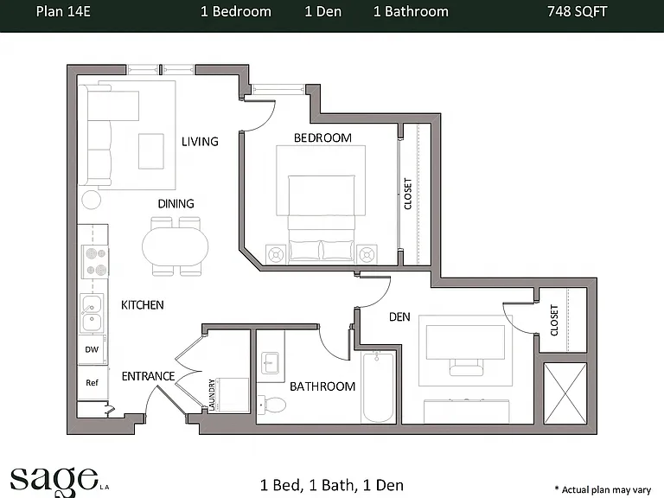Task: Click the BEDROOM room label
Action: point(322,137)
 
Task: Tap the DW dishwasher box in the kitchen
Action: point(92,350)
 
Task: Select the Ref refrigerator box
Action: point(92,383)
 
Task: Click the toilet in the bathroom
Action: point(272,405)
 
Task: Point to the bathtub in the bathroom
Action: point(378,387)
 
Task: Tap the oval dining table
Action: point(176,246)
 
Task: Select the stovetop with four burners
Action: point(95,261)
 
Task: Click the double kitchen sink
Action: point(92,313)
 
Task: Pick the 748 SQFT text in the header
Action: point(578,11)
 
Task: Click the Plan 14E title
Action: point(63,11)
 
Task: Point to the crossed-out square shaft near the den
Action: point(565,393)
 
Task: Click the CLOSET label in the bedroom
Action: point(408,194)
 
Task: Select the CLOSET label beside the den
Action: point(554,320)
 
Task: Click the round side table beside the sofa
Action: point(91,200)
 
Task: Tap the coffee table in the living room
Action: point(151,151)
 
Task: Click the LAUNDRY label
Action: point(212,394)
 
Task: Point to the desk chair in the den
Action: point(466,367)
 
